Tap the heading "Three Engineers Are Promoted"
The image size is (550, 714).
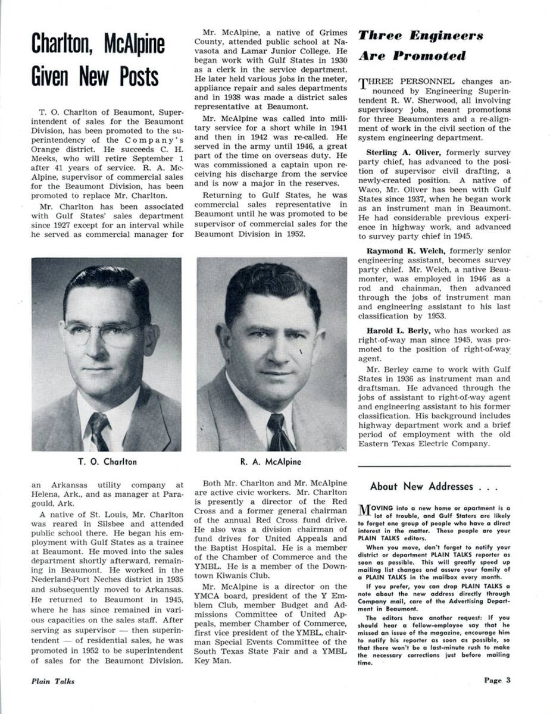pos(420,46)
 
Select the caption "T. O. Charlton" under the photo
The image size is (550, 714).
pos(107,461)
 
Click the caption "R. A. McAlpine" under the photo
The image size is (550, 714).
pos(271,461)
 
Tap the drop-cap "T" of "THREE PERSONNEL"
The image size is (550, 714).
pos(362,84)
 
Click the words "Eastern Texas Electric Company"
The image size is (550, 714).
pos(427,443)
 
